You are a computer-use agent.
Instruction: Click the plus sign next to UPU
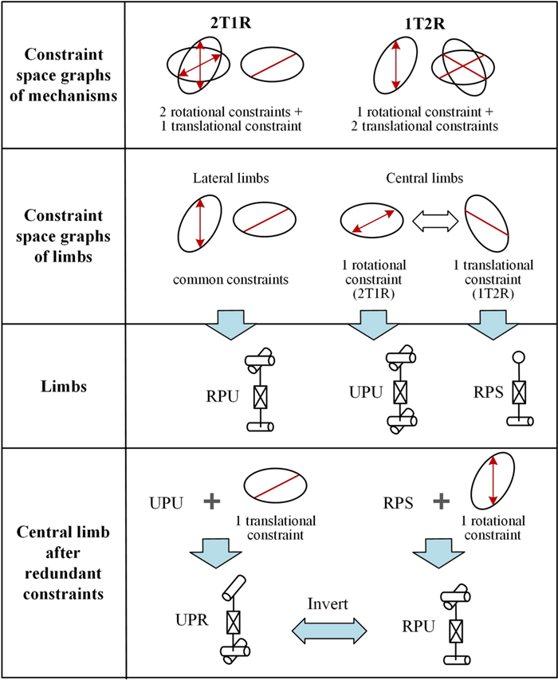click(x=211, y=501)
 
